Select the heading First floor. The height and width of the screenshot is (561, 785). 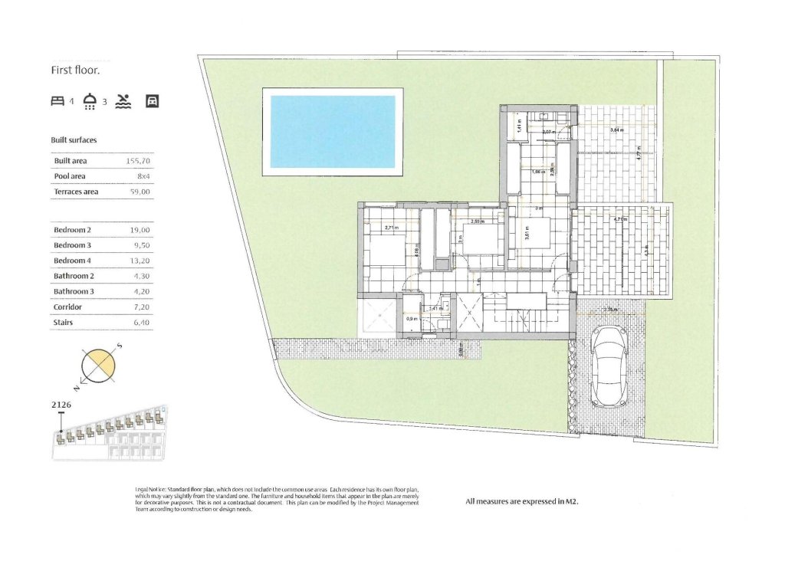coord(76,70)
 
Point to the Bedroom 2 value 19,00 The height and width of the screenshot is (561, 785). coord(140,230)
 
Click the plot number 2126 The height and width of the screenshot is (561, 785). coord(62,402)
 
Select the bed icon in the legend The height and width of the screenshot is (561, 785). coord(57,101)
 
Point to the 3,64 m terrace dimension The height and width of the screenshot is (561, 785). coord(616,131)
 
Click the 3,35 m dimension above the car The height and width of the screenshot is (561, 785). coord(611,310)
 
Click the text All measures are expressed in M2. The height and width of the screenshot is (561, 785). coord(521,502)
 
